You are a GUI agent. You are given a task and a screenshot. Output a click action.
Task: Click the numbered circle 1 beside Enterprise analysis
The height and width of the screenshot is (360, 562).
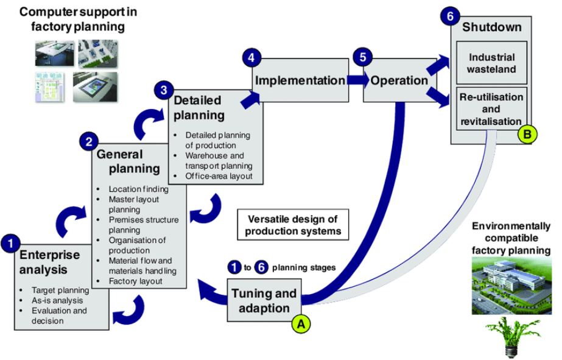10,243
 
